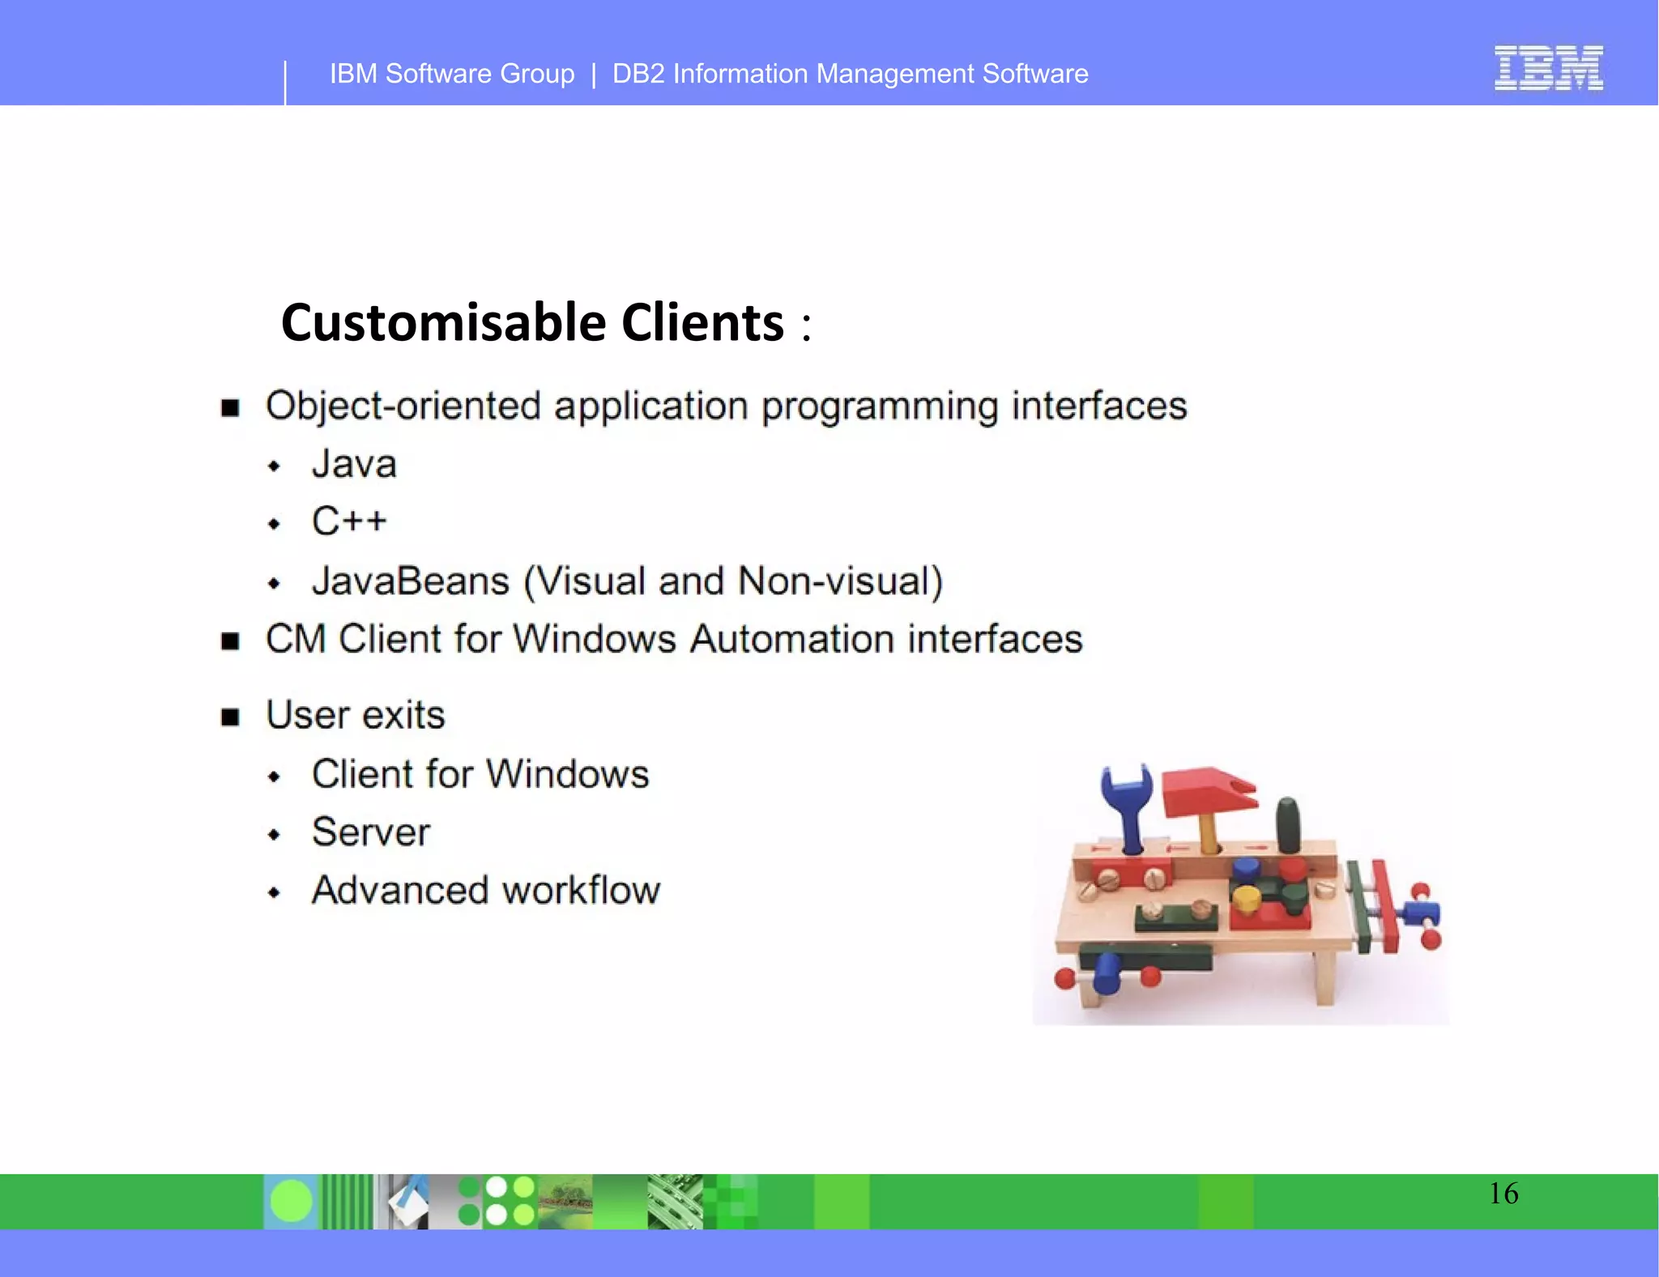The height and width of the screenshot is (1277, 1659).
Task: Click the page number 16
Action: coord(1503,1194)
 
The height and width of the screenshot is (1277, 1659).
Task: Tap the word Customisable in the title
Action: coord(443,322)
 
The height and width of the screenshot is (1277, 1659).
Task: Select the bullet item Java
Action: coord(354,464)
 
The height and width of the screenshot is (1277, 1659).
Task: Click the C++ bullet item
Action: coord(349,521)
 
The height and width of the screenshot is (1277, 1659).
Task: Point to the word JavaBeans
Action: coord(411,581)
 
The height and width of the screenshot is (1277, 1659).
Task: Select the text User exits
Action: coord(356,715)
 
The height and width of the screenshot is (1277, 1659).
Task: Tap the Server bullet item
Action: coord(371,832)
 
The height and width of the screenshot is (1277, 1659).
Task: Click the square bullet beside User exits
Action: coord(231,717)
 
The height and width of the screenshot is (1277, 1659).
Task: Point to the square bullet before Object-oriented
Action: coord(231,407)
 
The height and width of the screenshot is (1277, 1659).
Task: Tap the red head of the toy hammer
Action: coord(1207,790)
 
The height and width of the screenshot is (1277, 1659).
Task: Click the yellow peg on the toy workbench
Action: coord(1246,897)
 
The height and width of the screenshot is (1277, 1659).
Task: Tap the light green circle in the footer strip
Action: coord(291,1201)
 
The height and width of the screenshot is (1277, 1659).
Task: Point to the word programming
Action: coord(880,407)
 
